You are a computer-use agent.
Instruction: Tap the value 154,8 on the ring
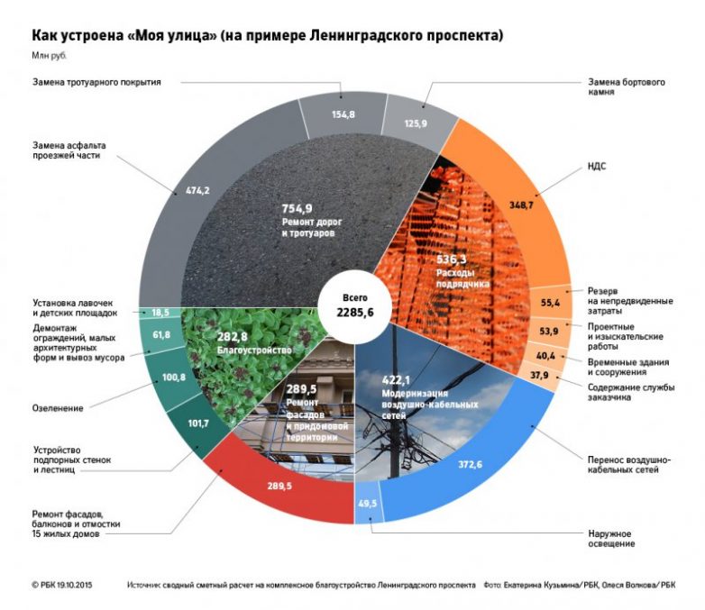[x=341, y=114]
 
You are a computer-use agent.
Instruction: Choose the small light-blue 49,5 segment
[x=369, y=503]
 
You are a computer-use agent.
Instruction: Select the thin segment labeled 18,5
[x=160, y=311]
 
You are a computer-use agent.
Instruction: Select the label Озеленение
[x=60, y=408]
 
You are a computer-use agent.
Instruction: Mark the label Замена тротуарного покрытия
[x=96, y=83]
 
